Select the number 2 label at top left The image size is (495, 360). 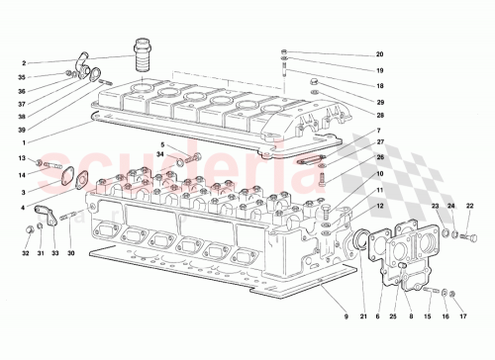click(x=23, y=62)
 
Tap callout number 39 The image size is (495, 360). click(x=23, y=129)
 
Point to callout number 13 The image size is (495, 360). click(x=23, y=158)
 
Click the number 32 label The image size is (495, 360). click(x=26, y=253)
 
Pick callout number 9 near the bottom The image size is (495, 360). click(x=346, y=316)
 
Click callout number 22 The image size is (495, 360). click(x=469, y=206)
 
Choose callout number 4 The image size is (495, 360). click(x=23, y=207)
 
